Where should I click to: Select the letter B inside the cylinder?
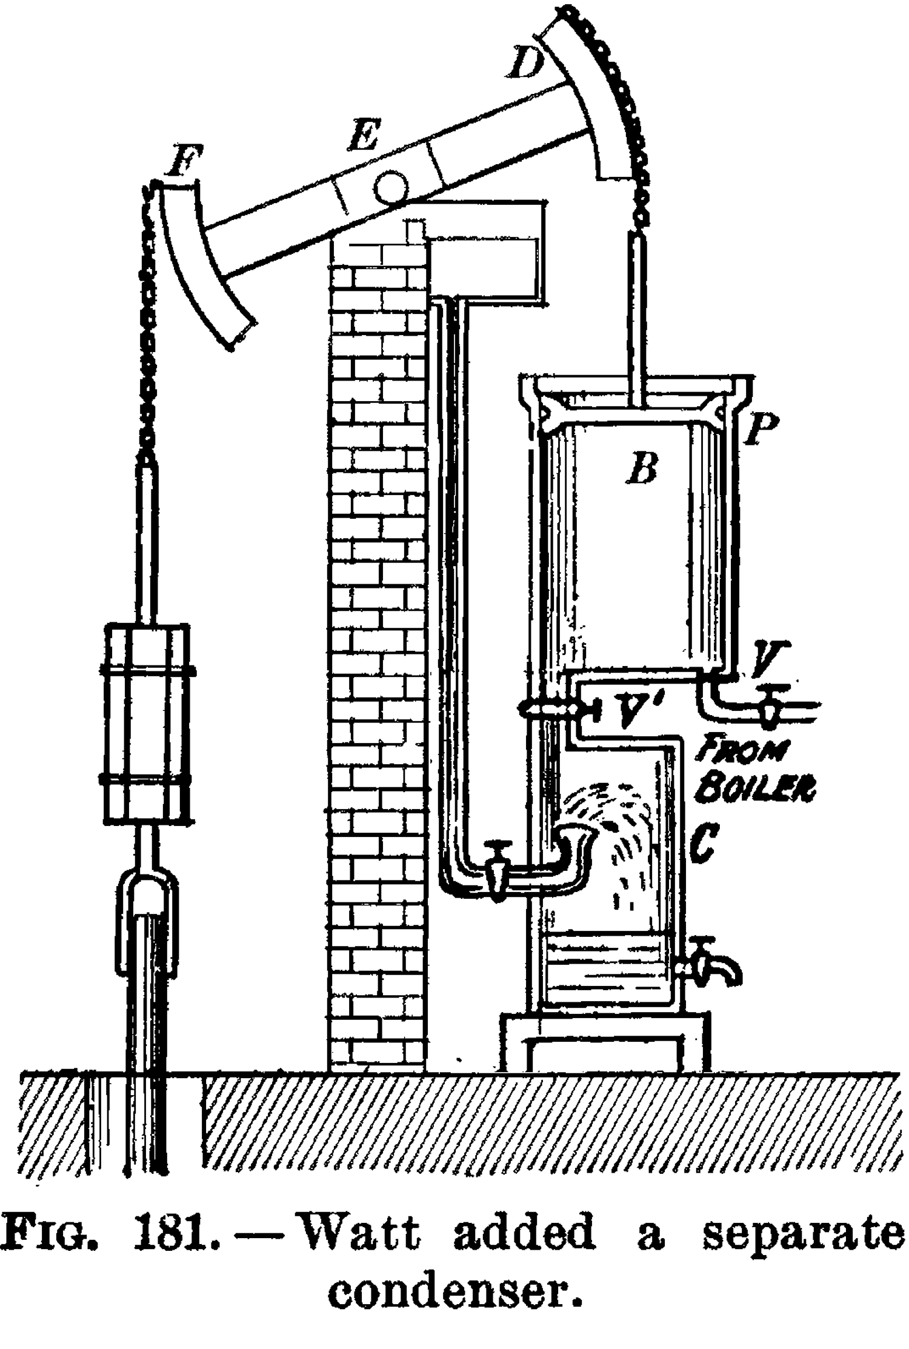[642, 468]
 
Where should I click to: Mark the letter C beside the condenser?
[703, 842]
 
